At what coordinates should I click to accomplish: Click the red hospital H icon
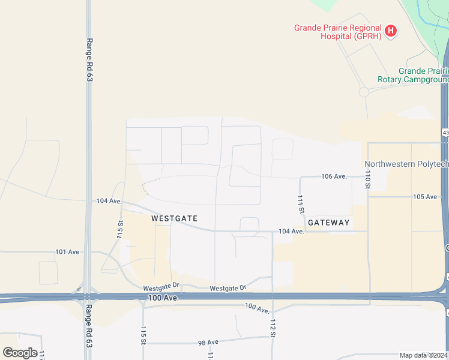click(x=391, y=31)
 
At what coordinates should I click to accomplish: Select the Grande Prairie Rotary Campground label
click(x=413, y=75)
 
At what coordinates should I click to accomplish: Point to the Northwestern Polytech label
click(x=406, y=164)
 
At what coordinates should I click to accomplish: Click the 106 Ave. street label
click(x=334, y=176)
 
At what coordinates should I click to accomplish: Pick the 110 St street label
click(x=367, y=179)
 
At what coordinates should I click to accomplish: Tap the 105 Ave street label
click(x=425, y=197)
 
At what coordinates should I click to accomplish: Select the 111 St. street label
click(x=300, y=205)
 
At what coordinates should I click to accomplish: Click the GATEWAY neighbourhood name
click(x=328, y=223)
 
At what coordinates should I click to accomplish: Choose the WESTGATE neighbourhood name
click(x=174, y=218)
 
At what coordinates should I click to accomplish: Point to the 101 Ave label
click(x=67, y=252)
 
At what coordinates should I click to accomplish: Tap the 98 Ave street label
click(x=208, y=343)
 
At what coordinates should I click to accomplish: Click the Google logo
click(x=20, y=353)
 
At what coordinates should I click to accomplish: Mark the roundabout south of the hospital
click(x=364, y=92)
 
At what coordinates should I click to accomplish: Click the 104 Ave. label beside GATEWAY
click(x=291, y=232)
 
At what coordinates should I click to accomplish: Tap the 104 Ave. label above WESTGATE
click(x=109, y=201)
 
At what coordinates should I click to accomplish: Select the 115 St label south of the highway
click(x=143, y=335)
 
